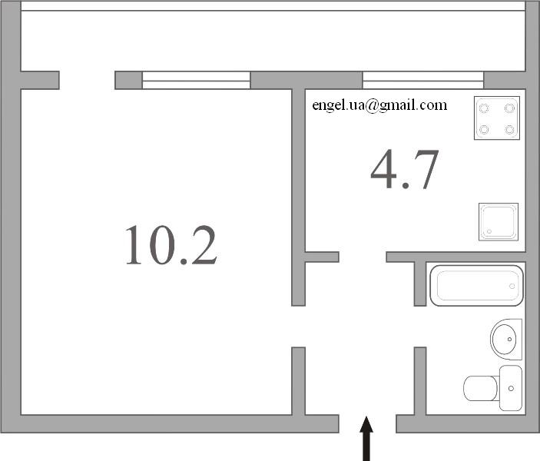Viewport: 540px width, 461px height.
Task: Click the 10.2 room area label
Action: (x=171, y=245)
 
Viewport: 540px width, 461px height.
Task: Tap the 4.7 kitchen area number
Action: (x=405, y=169)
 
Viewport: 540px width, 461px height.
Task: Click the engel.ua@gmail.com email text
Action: (x=379, y=105)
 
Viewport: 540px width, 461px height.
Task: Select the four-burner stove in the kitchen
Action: (x=497, y=118)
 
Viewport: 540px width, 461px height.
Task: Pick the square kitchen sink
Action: (x=499, y=222)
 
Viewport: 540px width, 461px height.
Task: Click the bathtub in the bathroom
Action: (x=477, y=285)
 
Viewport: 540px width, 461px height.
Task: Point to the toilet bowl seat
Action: (x=481, y=388)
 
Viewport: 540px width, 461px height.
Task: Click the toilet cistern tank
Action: (x=511, y=388)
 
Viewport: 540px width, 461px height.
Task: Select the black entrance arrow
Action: (x=366, y=438)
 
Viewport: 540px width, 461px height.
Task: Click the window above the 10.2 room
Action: (x=196, y=80)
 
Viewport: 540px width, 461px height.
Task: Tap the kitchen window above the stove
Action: (x=423, y=80)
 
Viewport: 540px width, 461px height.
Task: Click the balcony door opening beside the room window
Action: (x=87, y=80)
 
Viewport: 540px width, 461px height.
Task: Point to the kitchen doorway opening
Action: (x=363, y=257)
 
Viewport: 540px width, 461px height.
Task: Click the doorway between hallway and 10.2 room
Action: (x=298, y=327)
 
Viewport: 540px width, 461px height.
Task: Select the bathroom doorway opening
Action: (x=420, y=327)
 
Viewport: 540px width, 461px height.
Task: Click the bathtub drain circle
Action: (x=512, y=287)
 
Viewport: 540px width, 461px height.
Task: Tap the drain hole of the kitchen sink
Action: (x=489, y=231)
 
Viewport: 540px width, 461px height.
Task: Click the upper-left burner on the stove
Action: (x=484, y=108)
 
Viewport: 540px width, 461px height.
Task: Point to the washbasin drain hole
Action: (x=510, y=340)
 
